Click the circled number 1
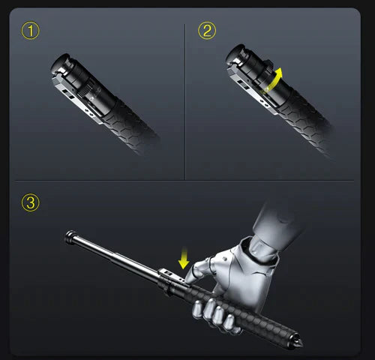[30, 31]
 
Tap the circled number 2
[206, 31]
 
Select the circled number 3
[30, 202]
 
